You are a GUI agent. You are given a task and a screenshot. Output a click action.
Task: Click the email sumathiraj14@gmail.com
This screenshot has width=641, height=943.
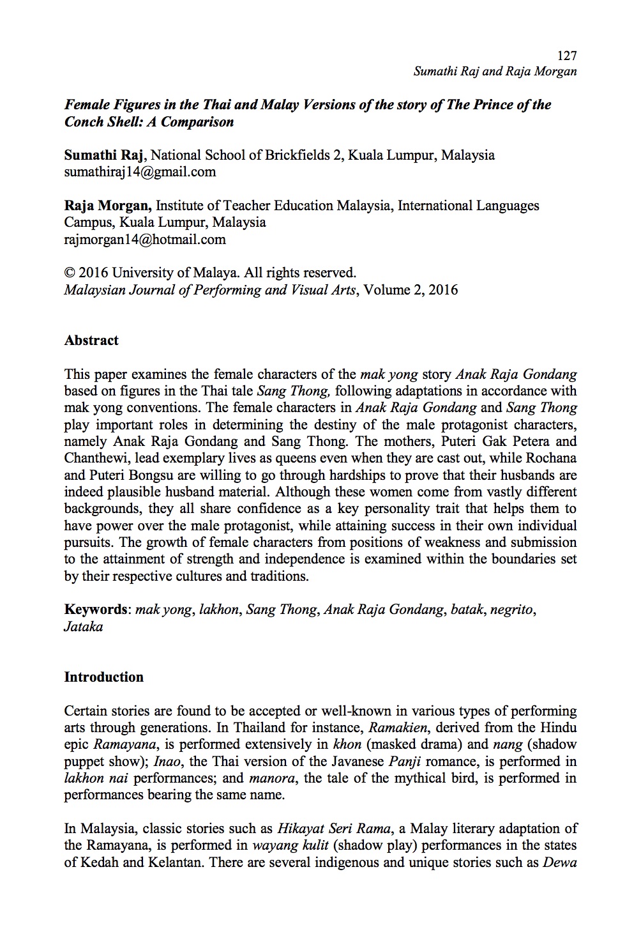pos(140,172)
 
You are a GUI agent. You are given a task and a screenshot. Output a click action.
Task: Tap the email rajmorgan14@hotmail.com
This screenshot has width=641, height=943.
pos(145,240)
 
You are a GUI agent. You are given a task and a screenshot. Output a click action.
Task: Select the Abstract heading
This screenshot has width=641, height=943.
pos(91,341)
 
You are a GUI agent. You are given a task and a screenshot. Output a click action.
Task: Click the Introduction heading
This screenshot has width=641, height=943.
pos(103,677)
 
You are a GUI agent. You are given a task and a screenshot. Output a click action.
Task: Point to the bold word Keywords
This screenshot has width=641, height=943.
pos(96,609)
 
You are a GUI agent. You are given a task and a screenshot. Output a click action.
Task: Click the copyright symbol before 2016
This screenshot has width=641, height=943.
pos(70,273)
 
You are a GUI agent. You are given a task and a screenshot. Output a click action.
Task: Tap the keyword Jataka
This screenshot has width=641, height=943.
pos(83,627)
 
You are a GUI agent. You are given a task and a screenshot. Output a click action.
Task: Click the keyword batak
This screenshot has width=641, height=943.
pos(467,609)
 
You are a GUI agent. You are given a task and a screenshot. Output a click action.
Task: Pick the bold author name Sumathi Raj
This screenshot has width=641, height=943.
pos(103,155)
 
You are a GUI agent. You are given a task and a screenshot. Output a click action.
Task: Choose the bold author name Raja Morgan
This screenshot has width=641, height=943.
pos(107,206)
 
